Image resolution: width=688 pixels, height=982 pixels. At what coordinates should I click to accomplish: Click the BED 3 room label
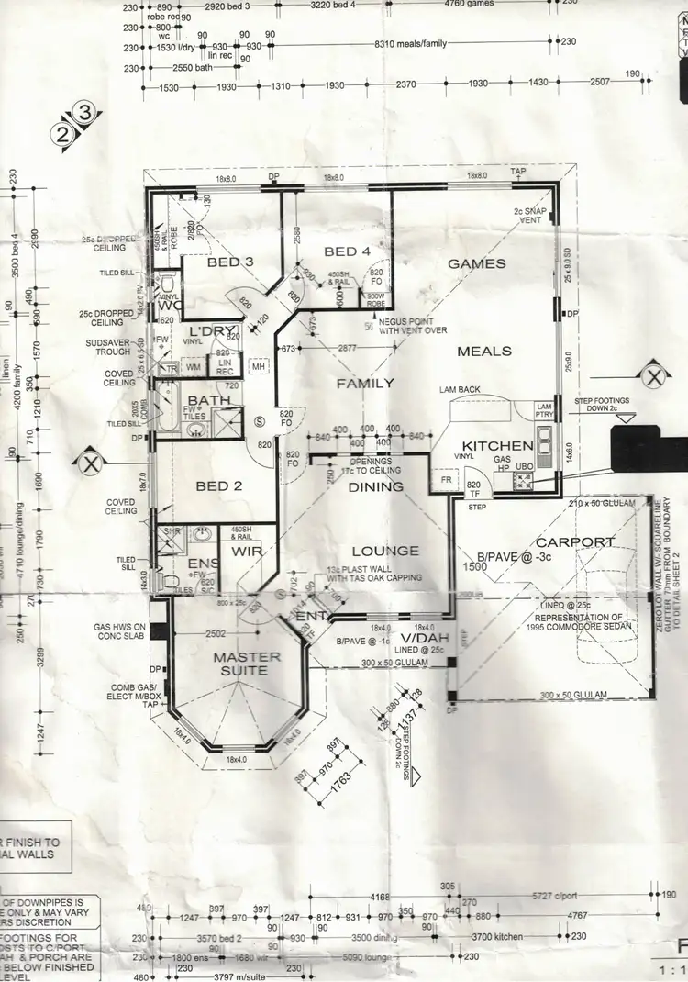(x=229, y=262)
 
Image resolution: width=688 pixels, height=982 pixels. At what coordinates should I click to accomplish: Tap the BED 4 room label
(x=347, y=251)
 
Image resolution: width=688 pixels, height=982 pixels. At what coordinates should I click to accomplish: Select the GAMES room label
(x=476, y=263)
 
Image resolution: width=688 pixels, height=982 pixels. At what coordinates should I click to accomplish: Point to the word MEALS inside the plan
(x=484, y=351)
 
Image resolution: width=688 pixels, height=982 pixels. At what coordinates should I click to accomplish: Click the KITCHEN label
(x=497, y=446)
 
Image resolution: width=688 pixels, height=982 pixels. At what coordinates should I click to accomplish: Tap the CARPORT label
(x=575, y=542)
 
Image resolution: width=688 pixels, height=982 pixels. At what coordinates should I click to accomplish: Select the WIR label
(x=247, y=552)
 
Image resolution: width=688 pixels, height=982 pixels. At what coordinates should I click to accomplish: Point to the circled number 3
(x=84, y=114)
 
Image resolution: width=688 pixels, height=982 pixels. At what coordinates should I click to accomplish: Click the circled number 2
(x=63, y=133)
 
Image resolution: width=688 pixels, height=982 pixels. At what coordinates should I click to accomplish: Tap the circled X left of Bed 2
(x=89, y=461)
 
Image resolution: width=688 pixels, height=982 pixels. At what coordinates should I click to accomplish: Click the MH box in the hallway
(x=260, y=366)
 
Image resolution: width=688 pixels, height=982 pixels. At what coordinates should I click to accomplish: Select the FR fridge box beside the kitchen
(x=446, y=480)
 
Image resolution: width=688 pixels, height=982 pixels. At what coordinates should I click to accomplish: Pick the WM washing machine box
(x=193, y=367)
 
